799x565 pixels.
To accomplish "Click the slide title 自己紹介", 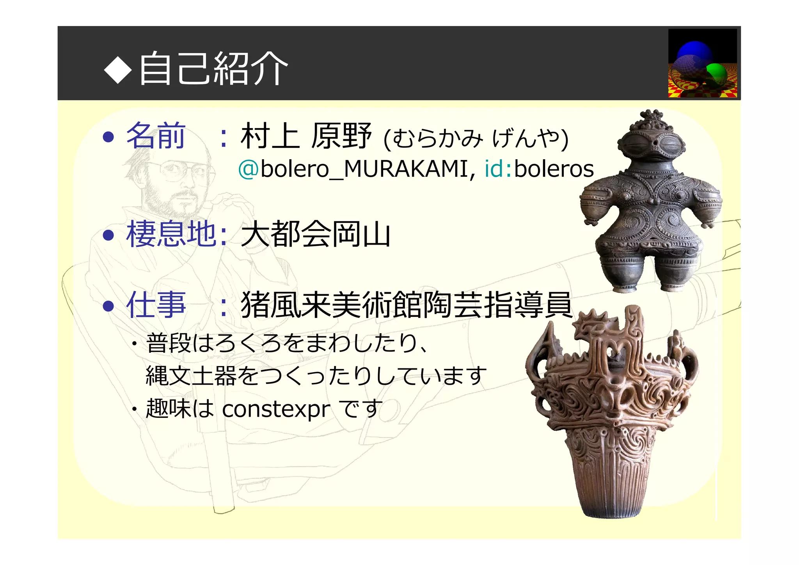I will pos(214,69).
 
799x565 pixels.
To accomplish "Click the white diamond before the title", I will pos(118,69).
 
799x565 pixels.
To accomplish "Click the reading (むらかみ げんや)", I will pos(476,138).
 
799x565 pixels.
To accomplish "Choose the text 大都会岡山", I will pos(315,234).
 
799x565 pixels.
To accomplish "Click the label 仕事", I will pos(155,305).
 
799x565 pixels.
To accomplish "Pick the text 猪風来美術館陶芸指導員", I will pos(406,305).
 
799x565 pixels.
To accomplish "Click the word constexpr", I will pos(276,409).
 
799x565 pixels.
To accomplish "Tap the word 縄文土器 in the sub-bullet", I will pos(191,376).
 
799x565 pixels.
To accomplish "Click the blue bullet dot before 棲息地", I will pos(108,235).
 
